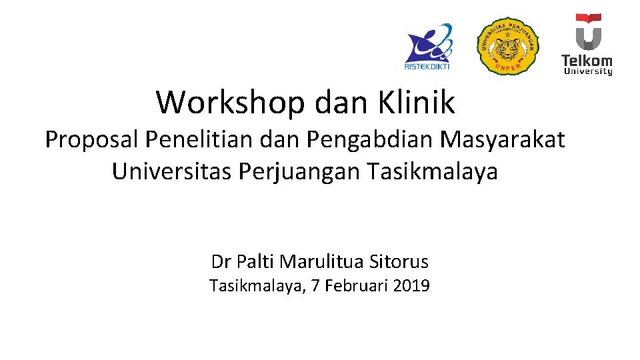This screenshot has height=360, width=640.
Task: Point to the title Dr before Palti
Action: click(220, 261)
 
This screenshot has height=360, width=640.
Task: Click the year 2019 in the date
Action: click(411, 287)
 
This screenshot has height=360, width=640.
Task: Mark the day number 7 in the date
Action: click(316, 287)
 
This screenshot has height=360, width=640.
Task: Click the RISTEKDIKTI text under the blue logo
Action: click(427, 66)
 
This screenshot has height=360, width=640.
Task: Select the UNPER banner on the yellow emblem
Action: click(508, 67)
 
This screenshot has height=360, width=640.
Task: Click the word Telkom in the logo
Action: click(587, 59)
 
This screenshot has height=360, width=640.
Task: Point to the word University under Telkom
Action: click(587, 71)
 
